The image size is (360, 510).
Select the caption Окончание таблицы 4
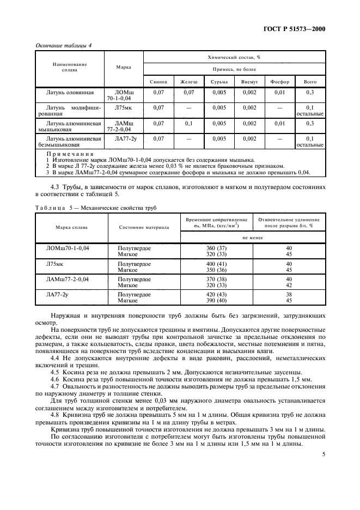pos(63,45)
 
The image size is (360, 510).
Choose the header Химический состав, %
pos(234,57)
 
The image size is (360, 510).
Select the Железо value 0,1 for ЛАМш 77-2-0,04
pos(189,124)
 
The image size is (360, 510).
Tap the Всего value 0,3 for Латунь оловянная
pos(310,93)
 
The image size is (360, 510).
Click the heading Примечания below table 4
pos(70,155)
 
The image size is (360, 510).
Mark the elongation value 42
pos(289,284)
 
